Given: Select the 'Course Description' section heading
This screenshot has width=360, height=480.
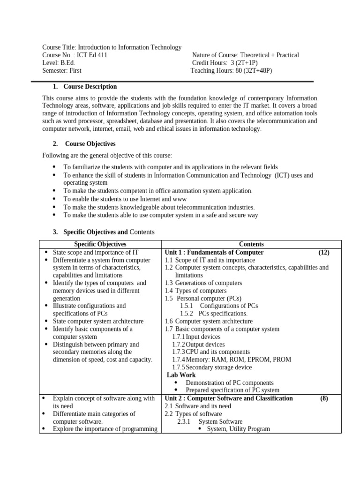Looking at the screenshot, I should tap(90, 87).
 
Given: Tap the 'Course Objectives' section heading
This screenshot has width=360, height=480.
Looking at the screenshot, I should tap(90, 144).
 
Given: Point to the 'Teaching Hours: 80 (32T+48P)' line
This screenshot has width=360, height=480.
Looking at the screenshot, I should tap(231, 71).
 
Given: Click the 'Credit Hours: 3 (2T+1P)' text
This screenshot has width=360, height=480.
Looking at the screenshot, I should tap(225, 63).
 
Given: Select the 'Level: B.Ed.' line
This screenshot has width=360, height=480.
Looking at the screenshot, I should tap(59, 63).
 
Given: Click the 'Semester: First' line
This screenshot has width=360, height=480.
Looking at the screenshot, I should tap(62, 71).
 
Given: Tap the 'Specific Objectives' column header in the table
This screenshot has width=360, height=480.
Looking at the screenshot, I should tap(100, 244).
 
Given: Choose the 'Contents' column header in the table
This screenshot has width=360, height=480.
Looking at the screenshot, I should tap(251, 244).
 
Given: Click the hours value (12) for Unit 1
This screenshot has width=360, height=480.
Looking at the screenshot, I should tap(324, 252).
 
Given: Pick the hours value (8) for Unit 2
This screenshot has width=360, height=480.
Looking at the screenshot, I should tap(324, 398).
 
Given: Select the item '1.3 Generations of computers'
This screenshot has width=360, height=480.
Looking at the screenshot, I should tap(203, 283).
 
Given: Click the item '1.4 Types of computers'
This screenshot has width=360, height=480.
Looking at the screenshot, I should tap(196, 291).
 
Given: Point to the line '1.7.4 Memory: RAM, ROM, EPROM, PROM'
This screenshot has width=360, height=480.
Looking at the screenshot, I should tap(232, 360).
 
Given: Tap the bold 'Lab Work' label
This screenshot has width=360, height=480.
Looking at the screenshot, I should tap(181, 375).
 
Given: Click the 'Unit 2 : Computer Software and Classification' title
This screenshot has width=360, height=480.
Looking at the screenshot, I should tap(229, 398).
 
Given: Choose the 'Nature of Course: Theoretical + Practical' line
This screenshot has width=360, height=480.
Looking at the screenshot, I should tap(246, 55).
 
